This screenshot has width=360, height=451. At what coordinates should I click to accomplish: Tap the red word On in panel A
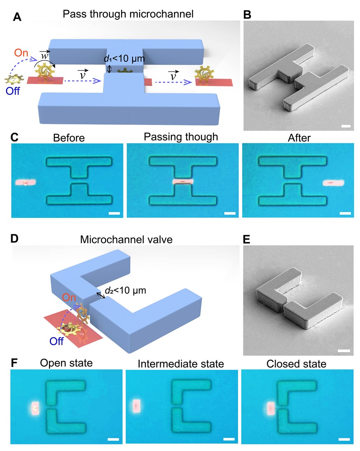coord(21,53)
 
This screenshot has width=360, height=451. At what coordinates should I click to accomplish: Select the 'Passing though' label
coord(181,137)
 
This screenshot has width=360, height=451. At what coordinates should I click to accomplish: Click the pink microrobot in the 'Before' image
coord(25,182)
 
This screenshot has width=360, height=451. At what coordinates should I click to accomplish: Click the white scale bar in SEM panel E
coord(345,351)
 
